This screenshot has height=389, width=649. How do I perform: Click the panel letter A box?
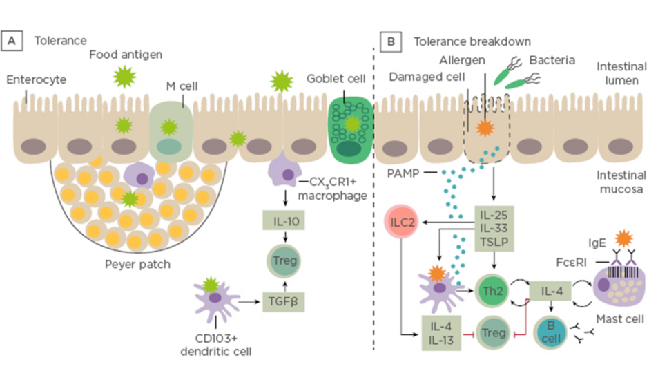[x=11, y=41]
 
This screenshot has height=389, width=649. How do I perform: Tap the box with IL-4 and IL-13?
[x=442, y=332]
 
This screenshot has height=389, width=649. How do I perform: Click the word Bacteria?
[x=552, y=61]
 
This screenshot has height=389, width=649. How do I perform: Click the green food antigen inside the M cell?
[x=168, y=126]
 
